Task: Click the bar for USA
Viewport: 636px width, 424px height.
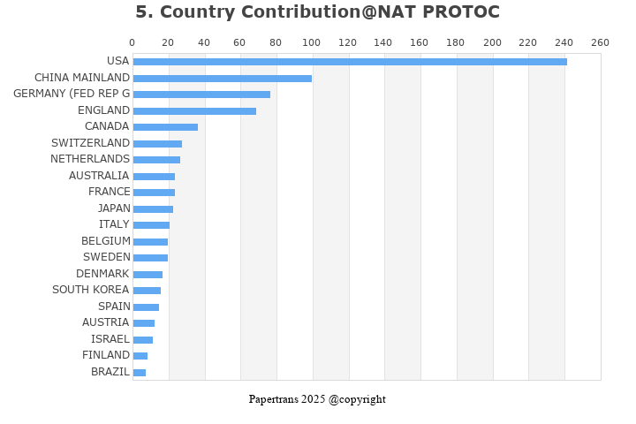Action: click(349, 62)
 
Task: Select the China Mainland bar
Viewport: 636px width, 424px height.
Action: click(222, 79)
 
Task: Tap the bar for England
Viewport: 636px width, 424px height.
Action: click(194, 111)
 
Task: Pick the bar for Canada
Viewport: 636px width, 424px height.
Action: click(165, 127)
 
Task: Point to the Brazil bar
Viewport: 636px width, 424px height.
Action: click(140, 373)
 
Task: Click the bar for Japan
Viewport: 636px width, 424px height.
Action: click(153, 209)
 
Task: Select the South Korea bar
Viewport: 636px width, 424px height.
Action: click(147, 291)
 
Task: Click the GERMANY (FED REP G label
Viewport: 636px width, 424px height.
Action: click(72, 94)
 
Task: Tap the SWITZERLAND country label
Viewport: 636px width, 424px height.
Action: click(90, 143)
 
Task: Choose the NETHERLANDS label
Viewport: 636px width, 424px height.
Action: click(90, 159)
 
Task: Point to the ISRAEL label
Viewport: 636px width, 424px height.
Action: click(110, 339)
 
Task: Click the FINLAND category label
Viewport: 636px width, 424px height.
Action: click(106, 355)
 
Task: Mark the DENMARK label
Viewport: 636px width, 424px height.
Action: click(102, 274)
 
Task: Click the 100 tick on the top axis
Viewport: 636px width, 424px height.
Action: click(312, 42)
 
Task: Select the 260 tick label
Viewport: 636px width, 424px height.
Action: click(600, 42)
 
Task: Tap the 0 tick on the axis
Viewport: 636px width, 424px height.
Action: click(132, 42)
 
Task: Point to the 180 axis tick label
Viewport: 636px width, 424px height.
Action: click(456, 42)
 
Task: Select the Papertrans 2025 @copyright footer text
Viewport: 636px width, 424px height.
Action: click(317, 399)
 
